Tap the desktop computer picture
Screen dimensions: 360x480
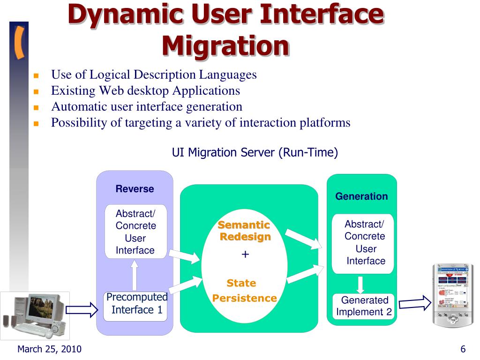coord(35,315)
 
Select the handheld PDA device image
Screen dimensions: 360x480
coord(453,295)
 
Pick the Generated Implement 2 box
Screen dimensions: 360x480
coord(364,306)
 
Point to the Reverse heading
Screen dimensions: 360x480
coord(135,189)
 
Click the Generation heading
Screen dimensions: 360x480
coord(361,196)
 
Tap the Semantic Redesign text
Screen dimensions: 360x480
coord(244,231)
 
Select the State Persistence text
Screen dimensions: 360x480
coord(244,291)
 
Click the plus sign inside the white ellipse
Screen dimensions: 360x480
coord(245,255)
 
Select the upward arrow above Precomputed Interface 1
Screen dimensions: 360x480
coord(135,276)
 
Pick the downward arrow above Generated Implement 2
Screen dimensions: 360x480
coord(360,284)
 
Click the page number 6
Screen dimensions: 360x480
coord(463,349)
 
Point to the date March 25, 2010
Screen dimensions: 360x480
coord(49,349)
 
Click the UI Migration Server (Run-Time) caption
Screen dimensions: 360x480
coord(255,152)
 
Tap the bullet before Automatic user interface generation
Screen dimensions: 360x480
coord(36,107)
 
